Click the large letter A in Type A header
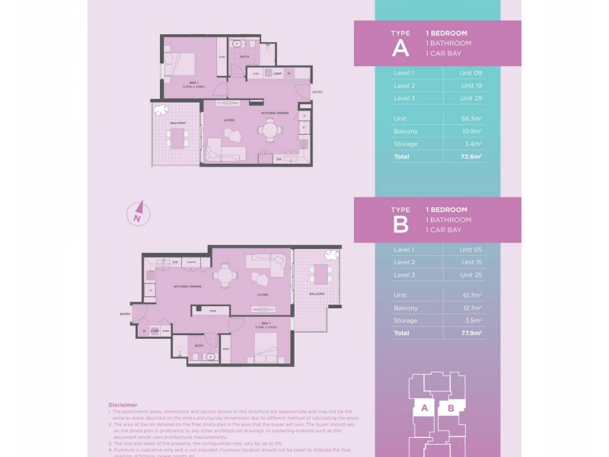(x=400, y=49)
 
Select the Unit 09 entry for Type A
(x=470, y=72)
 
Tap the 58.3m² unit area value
(x=470, y=119)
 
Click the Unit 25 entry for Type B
(x=470, y=274)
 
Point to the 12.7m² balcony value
(x=470, y=308)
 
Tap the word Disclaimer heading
(x=123, y=405)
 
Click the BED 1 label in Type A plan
(x=193, y=82)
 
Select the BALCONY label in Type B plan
(x=317, y=293)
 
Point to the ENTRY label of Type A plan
(x=317, y=92)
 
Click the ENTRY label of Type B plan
(x=124, y=313)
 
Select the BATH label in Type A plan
(x=244, y=57)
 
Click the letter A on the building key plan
(x=423, y=408)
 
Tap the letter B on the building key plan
(x=451, y=408)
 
